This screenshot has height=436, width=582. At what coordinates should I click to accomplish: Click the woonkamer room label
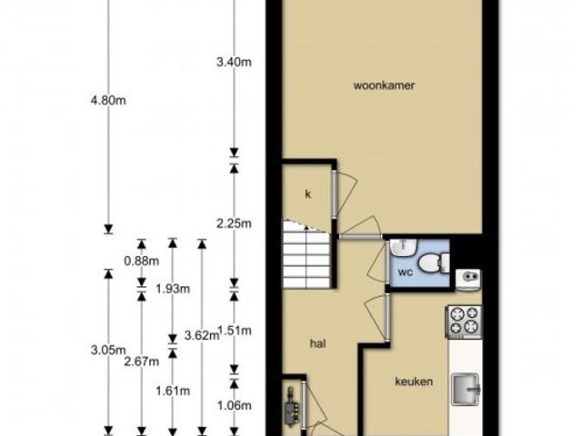pyautogui.click(x=384, y=85)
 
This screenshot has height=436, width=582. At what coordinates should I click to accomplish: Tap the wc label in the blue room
pyautogui.click(x=406, y=272)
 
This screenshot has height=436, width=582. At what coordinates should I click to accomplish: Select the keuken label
pyautogui.click(x=414, y=381)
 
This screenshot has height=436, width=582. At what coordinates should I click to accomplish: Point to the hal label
pyautogui.click(x=317, y=343)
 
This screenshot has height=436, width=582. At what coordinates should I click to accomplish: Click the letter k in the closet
pyautogui.click(x=307, y=193)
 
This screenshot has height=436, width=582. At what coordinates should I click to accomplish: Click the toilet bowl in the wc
pyautogui.click(x=434, y=263)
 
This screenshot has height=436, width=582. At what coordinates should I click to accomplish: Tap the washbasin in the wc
pyautogui.click(x=404, y=247)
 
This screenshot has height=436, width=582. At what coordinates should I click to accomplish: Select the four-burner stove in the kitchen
pyautogui.click(x=465, y=322)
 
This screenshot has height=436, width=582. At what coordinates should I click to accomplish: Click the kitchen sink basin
pyautogui.click(x=466, y=389)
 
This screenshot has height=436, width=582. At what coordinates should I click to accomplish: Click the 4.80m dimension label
pyautogui.click(x=108, y=100)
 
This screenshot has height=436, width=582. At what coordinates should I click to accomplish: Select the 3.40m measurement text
pyautogui.click(x=234, y=62)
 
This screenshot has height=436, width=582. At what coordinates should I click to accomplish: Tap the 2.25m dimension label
pyautogui.click(x=234, y=223)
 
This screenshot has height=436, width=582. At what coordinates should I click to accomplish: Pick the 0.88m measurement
pyautogui.click(x=142, y=261)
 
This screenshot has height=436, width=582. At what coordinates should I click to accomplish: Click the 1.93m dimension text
pyautogui.click(x=173, y=289)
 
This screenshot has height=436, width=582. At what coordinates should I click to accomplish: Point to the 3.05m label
pyautogui.click(x=108, y=350)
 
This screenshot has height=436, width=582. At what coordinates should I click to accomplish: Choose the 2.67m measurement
pyautogui.click(x=142, y=362)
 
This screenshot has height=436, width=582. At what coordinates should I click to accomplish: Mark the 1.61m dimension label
pyautogui.click(x=173, y=391)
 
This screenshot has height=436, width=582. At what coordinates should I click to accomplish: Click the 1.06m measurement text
pyautogui.click(x=234, y=406)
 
